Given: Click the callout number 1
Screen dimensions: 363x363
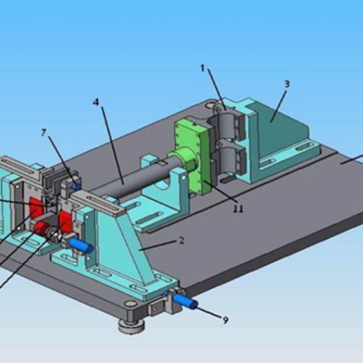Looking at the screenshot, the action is [202, 69].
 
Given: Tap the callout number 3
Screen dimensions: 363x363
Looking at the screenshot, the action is [287, 84].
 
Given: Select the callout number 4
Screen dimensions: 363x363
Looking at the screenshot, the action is [96, 102].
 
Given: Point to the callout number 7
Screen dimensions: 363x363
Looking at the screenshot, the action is [44, 132].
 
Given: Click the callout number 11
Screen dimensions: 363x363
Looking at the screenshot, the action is [238, 209].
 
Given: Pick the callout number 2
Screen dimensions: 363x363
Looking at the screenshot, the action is [182, 241].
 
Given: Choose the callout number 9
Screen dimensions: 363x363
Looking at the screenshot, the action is [225, 320].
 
